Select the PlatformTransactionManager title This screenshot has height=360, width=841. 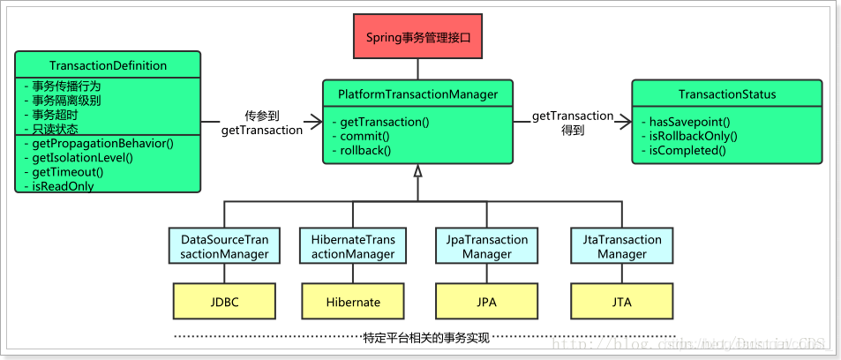417,94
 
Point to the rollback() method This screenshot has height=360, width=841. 365,151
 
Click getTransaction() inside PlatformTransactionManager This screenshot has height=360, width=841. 384,121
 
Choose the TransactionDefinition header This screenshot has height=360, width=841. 108,65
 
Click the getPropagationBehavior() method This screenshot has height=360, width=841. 97,143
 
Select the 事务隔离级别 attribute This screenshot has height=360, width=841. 65,101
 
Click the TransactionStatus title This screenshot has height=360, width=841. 726,94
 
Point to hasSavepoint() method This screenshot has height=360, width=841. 691,121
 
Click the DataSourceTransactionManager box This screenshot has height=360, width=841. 224,246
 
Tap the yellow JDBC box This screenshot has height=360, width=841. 224,302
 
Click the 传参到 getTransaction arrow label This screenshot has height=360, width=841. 261,123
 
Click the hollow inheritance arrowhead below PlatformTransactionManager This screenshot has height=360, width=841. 417,170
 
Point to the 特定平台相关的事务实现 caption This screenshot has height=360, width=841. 425,337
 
